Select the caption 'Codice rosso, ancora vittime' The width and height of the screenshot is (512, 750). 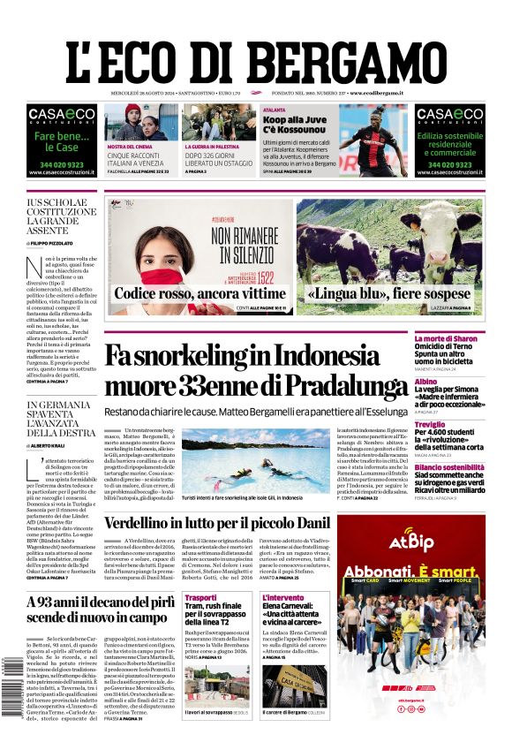200,293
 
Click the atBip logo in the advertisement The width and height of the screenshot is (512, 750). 410,539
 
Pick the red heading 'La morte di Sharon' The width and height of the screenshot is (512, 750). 471,339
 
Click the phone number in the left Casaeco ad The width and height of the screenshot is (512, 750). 60,163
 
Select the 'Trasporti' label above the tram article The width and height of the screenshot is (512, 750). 200,598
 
